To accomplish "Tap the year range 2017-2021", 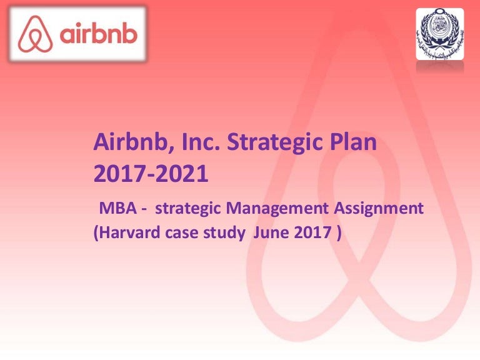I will click(150, 173).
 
